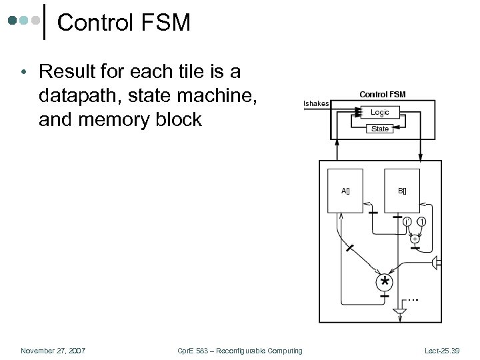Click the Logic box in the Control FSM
tap(380, 113)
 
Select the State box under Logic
tap(380, 129)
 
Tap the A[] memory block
tap(345, 191)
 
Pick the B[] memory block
tap(402, 191)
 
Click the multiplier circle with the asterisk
tap(385, 282)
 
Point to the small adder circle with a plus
tap(415, 238)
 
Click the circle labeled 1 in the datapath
tap(422, 221)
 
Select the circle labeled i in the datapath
tap(406, 221)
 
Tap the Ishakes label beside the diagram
tap(316, 103)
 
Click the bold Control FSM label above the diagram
tap(382, 94)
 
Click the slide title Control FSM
tap(124, 23)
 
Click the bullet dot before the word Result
tap(23, 71)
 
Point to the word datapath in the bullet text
tap(82, 95)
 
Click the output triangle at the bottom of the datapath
tap(399, 311)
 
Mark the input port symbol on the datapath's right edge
tap(437, 263)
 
